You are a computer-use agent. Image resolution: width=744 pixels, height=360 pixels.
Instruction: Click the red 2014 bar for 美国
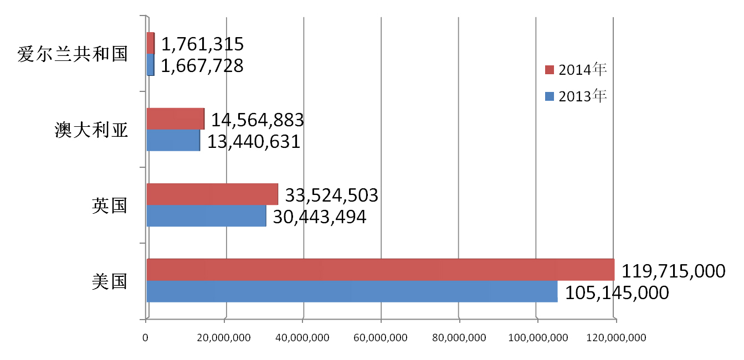point(380,270)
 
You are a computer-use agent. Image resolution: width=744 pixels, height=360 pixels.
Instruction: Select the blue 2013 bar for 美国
point(352,291)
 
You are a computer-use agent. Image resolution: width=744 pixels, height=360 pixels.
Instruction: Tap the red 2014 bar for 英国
point(212,194)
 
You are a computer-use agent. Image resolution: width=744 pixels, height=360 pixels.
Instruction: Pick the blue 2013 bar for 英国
point(206,216)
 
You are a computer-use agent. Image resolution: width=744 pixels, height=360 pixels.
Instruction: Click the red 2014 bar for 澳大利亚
point(175,119)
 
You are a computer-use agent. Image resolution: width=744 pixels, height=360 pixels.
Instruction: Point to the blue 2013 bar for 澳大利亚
point(173,140)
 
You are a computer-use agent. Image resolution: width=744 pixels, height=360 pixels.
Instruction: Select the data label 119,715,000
point(673,271)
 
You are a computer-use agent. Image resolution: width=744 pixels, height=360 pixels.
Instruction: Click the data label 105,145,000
point(617,293)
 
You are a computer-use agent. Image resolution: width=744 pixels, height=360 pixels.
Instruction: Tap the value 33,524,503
point(331,195)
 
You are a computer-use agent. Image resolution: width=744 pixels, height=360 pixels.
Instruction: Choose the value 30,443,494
point(320,217)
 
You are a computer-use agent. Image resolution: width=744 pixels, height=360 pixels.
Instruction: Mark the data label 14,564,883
point(257,120)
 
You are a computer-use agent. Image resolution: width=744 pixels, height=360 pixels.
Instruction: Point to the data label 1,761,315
point(202,44)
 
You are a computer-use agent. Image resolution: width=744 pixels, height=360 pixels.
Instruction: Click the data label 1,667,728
point(202,66)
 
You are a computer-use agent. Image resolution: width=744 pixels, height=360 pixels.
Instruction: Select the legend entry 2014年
point(577,69)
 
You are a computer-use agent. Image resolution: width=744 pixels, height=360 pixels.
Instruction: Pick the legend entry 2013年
point(577,96)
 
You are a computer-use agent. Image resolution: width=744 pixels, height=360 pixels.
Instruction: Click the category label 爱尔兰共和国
point(73,54)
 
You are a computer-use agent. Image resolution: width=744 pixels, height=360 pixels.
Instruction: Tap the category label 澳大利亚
point(91,130)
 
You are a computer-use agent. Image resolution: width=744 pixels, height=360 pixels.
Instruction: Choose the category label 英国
point(110,205)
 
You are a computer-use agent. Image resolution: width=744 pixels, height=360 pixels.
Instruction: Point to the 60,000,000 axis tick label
point(381,337)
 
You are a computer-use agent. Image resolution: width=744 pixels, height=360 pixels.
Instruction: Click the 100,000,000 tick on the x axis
point(537,337)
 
